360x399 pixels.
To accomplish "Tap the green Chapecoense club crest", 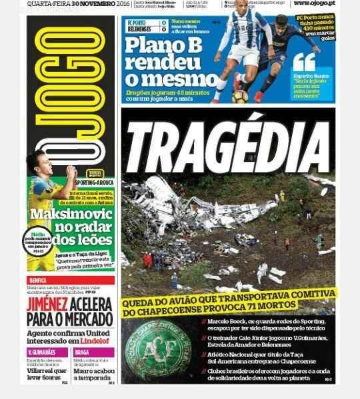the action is pos(157,350).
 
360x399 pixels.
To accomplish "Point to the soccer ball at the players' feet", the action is pos(240,96).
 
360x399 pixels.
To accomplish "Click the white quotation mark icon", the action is pos(303,63).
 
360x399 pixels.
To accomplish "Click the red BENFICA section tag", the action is pos(39,280).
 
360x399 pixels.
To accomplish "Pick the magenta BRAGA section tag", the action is pos(83,352).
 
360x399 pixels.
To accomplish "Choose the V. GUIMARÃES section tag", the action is pos(41,352).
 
